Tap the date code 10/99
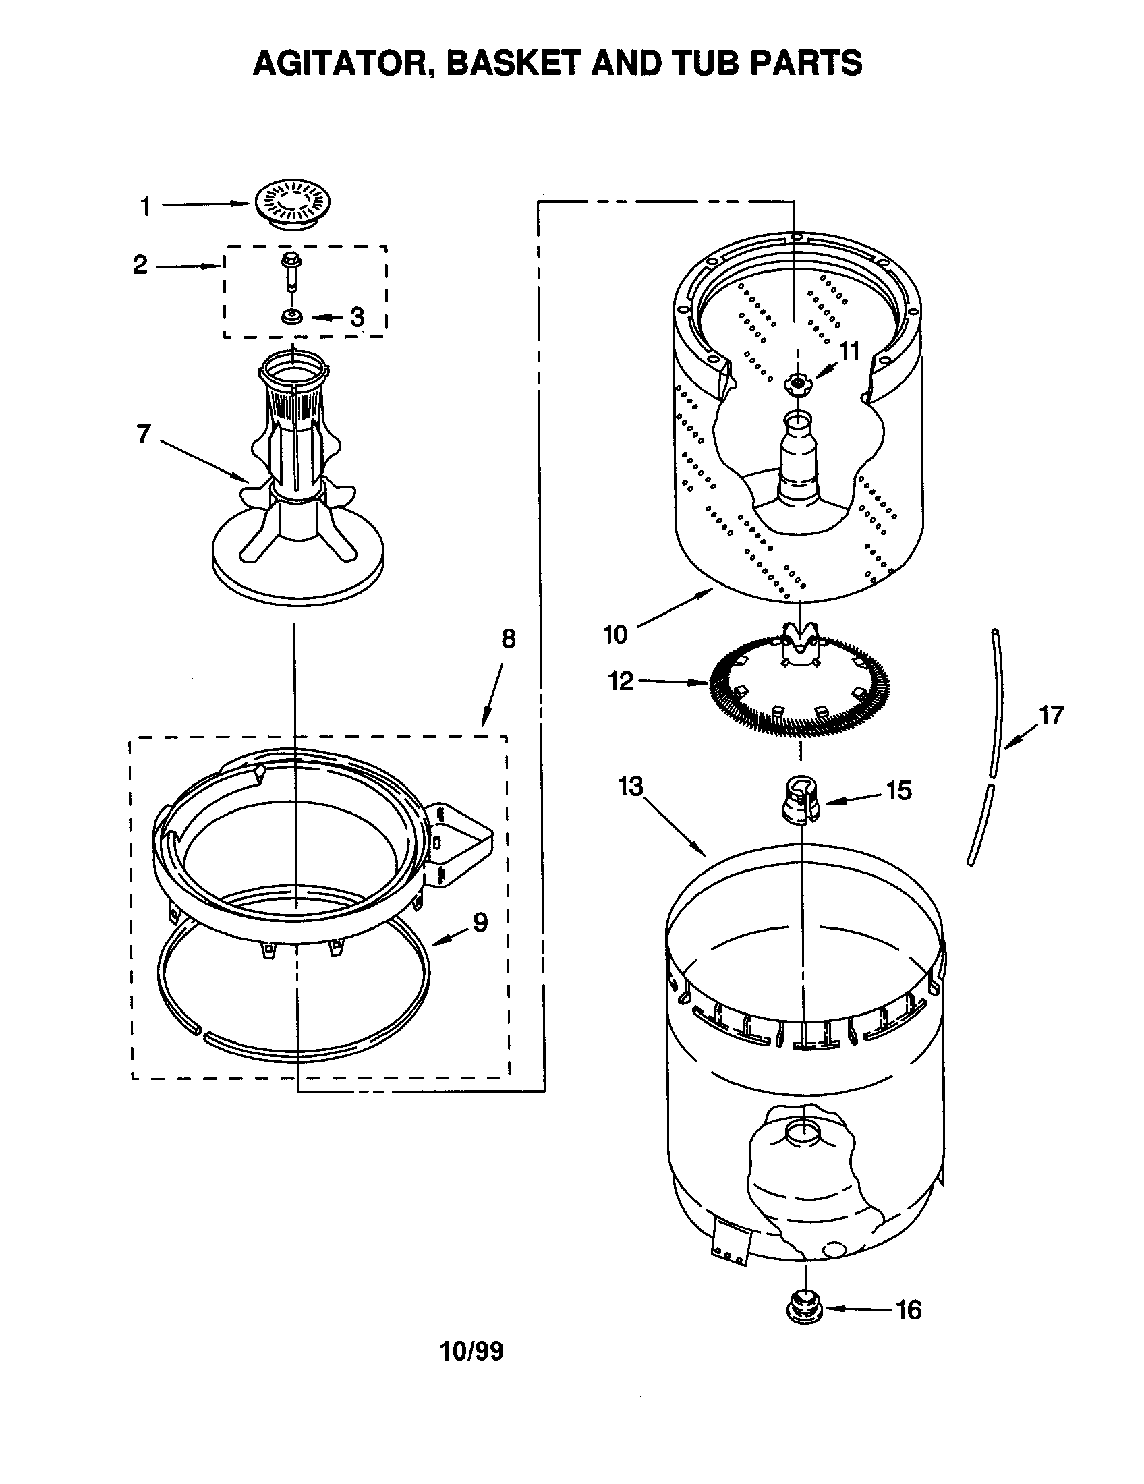(x=471, y=1371)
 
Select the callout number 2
(x=140, y=264)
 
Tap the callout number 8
(x=509, y=639)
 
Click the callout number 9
(x=480, y=922)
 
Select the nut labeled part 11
(x=797, y=384)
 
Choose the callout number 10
(x=615, y=634)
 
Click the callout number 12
(x=621, y=680)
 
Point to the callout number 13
(x=631, y=786)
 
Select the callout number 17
(x=1052, y=716)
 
